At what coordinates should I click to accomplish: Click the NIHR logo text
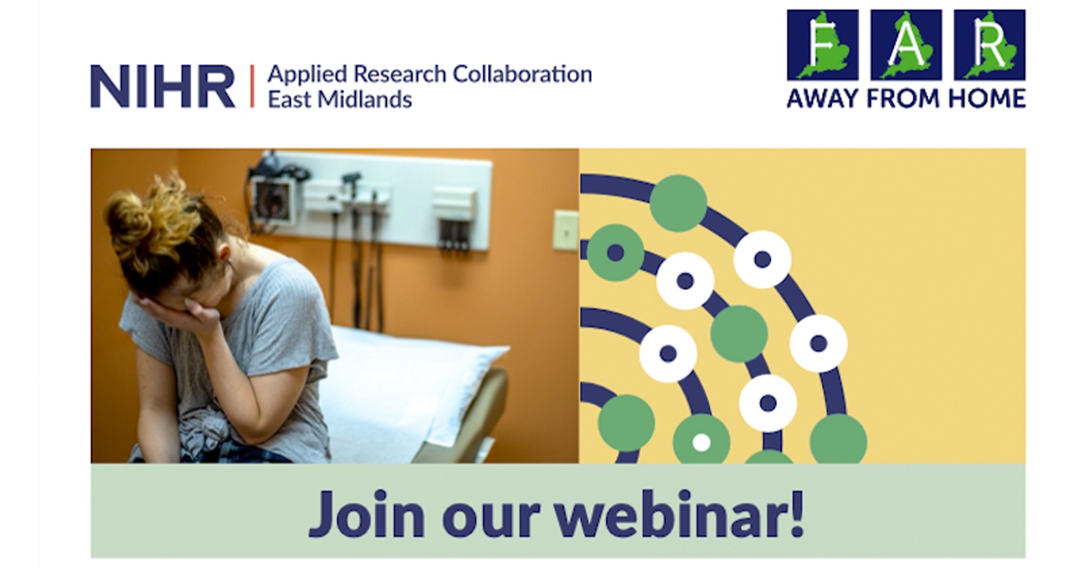(x=163, y=86)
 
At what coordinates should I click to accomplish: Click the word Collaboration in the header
(x=523, y=74)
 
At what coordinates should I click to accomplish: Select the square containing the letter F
(x=823, y=45)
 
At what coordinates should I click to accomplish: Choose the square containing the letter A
(x=906, y=45)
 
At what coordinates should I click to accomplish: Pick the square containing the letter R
(x=990, y=45)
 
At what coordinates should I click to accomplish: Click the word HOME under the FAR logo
(x=987, y=99)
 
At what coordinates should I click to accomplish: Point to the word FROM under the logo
(x=903, y=99)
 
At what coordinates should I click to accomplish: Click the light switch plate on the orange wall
(x=566, y=231)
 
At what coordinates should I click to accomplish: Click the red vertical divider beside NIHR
(x=251, y=86)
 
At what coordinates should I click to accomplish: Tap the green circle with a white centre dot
(x=702, y=442)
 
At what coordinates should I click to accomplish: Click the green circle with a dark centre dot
(x=616, y=252)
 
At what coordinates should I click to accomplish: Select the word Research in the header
(x=399, y=74)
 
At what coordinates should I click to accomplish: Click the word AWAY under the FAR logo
(x=823, y=99)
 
